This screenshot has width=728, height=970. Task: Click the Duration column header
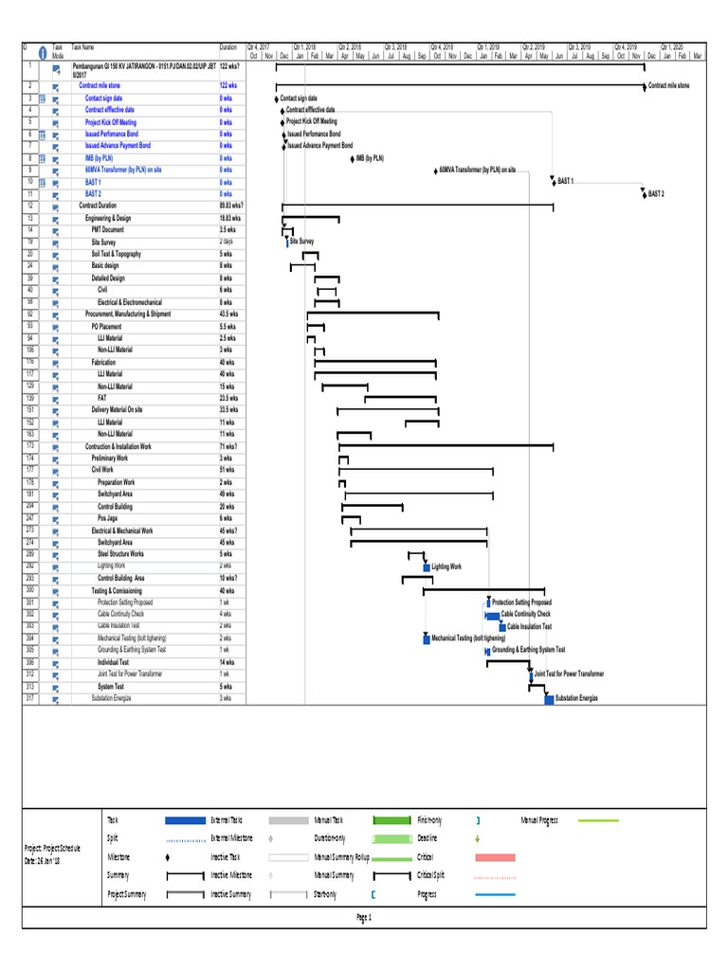coord(227,46)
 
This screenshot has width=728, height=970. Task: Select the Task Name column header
coord(83,46)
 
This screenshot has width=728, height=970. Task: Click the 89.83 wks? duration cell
coord(231,206)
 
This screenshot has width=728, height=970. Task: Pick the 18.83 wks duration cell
coord(229,218)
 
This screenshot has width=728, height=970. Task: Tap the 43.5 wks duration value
coord(228,314)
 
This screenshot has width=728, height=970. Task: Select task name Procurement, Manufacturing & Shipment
coord(128,314)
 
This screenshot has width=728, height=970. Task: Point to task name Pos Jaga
coord(108,518)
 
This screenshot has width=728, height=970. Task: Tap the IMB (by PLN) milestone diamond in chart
coord(353,159)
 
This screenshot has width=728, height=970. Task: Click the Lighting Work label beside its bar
coord(446,566)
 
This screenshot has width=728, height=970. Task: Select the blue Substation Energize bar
coord(549,699)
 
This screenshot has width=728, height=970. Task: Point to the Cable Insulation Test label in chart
coord(529,626)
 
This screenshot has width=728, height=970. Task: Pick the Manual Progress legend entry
coord(540,820)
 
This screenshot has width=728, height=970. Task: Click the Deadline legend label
coord(428,838)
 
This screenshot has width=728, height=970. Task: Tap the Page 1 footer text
coord(363,918)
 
